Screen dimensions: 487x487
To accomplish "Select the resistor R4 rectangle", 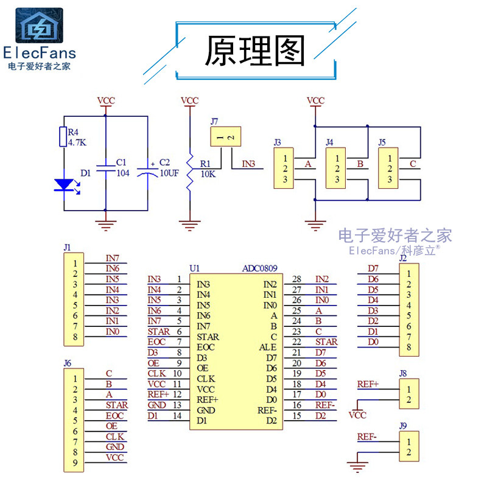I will [x=63, y=137].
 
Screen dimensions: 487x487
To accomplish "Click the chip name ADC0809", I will [x=260, y=268].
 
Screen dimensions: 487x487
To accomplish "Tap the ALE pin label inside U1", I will [x=268, y=347].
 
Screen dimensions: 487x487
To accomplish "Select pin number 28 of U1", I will [x=296, y=279].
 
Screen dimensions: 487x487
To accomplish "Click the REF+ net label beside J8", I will [x=368, y=384].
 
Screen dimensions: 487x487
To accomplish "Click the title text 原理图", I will [x=254, y=51].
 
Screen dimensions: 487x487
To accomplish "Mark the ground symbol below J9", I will [x=357, y=467].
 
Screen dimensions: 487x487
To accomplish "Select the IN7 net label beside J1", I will [x=112, y=258].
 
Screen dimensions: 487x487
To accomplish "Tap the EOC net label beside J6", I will [x=114, y=415].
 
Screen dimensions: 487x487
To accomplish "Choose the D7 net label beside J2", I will [x=373, y=268].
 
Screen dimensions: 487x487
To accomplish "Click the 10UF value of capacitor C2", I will [x=169, y=173].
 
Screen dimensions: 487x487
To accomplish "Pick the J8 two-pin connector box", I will [x=409, y=393].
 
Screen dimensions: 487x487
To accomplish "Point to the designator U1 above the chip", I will [x=194, y=268].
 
